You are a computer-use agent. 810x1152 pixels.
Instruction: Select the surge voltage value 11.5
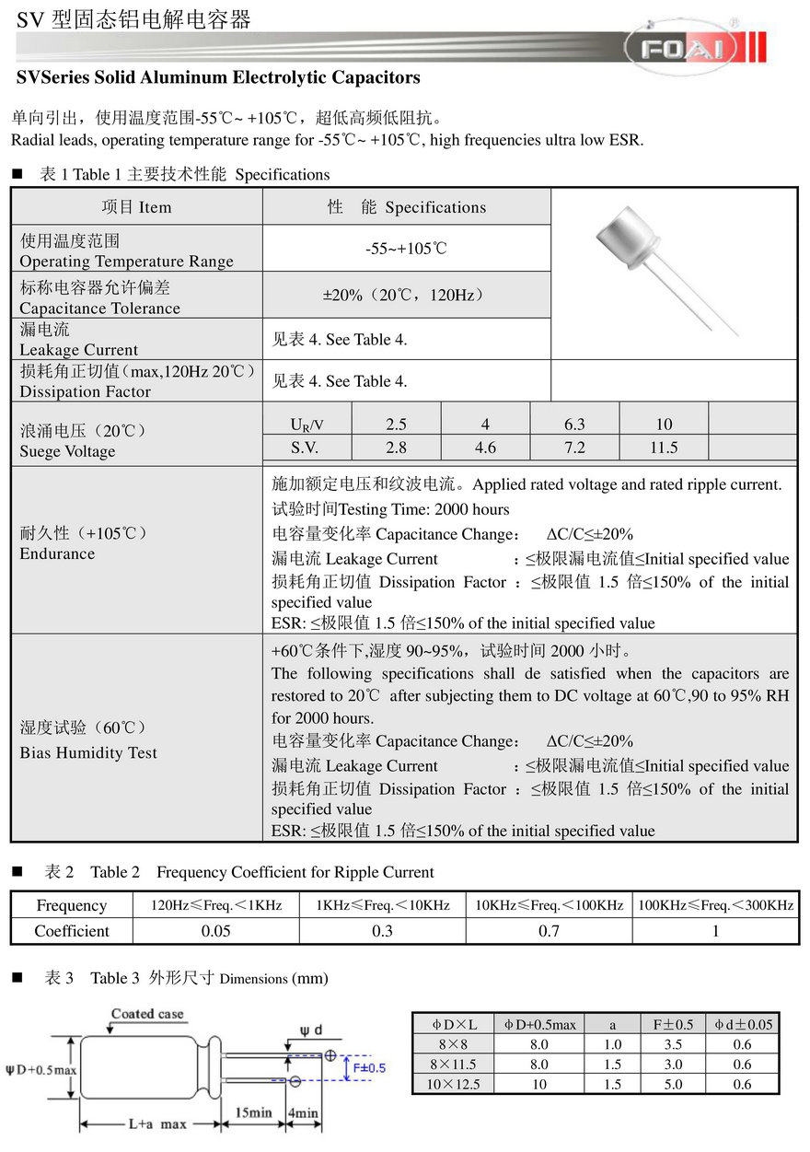point(663,448)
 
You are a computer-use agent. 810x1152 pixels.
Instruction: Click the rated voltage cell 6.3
point(574,425)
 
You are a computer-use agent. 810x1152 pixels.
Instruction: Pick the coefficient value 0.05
point(216,931)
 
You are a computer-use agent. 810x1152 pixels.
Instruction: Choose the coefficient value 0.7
point(549,931)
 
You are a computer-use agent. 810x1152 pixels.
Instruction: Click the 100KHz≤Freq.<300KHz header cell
point(715,905)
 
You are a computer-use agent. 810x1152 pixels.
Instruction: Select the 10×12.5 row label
point(454,1084)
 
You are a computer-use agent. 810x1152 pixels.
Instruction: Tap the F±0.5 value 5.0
point(674,1084)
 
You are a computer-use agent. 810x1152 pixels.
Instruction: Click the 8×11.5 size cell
point(454,1065)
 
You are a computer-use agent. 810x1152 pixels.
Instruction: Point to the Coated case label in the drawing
point(147,1014)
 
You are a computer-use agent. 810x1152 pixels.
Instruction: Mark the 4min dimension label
point(304,1112)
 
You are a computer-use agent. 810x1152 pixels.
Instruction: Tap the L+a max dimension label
point(157,1124)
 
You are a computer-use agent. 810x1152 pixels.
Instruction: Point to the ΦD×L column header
point(454,1024)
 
